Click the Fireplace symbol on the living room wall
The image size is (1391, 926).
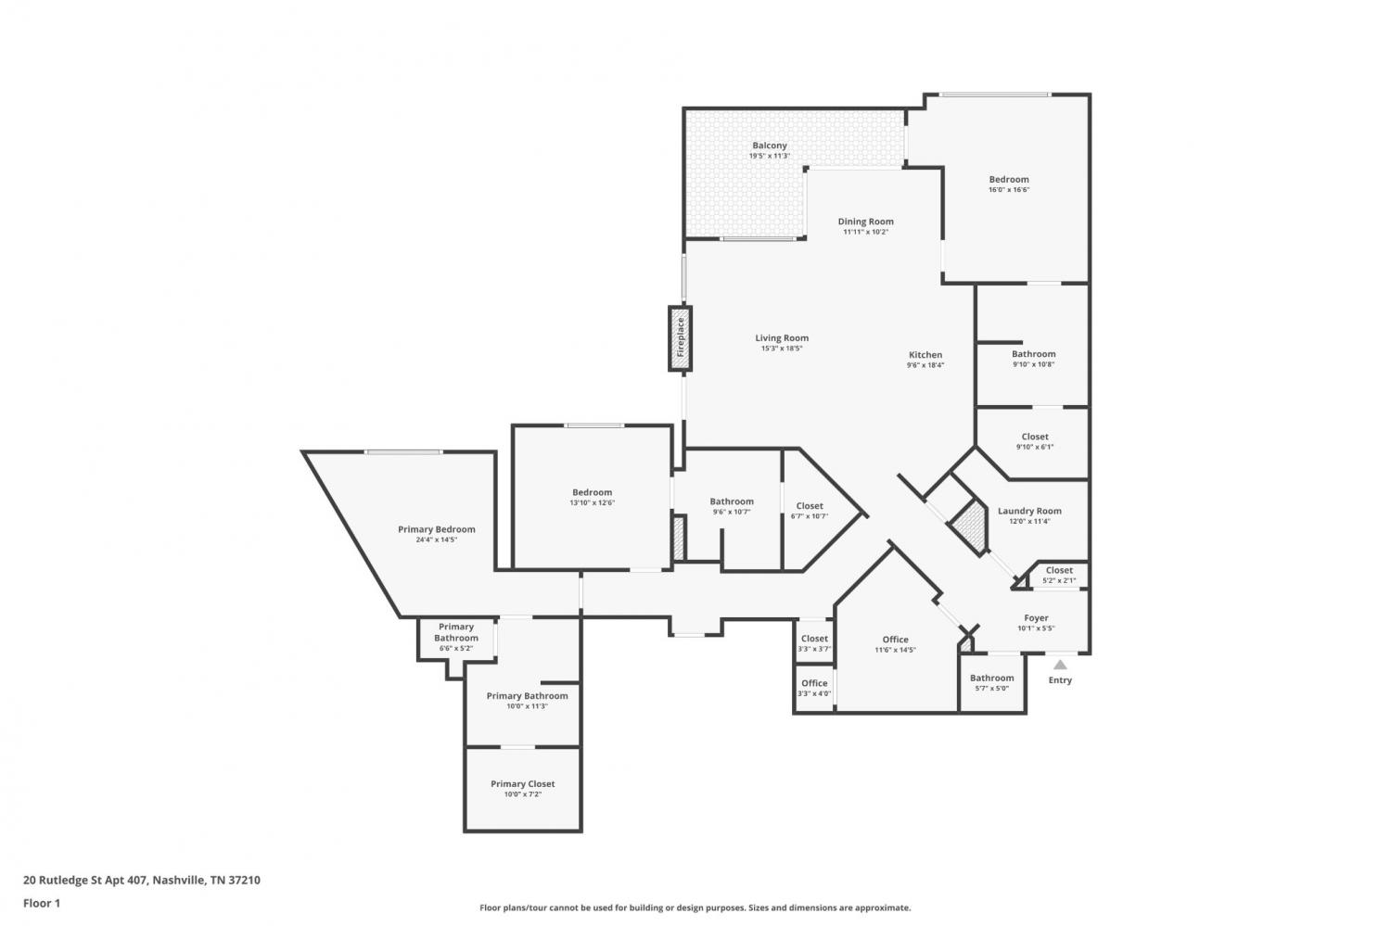[680, 338]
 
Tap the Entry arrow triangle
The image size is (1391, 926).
[1060, 665]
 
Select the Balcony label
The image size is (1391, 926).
[770, 146]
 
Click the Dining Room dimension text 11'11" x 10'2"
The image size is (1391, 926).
[865, 232]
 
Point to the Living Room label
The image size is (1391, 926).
[782, 338]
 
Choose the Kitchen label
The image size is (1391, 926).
[925, 355]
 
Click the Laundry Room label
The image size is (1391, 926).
[1029, 511]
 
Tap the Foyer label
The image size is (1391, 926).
[1036, 618]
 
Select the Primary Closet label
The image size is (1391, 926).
[522, 784]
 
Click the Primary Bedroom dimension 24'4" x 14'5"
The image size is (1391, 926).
[437, 540]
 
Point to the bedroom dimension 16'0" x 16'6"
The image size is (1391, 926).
[1009, 190]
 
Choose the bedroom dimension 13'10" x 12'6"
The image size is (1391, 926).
[592, 502]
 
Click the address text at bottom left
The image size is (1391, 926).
[142, 880]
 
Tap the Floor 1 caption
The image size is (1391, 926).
[42, 903]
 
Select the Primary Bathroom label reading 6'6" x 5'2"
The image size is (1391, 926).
[456, 638]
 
